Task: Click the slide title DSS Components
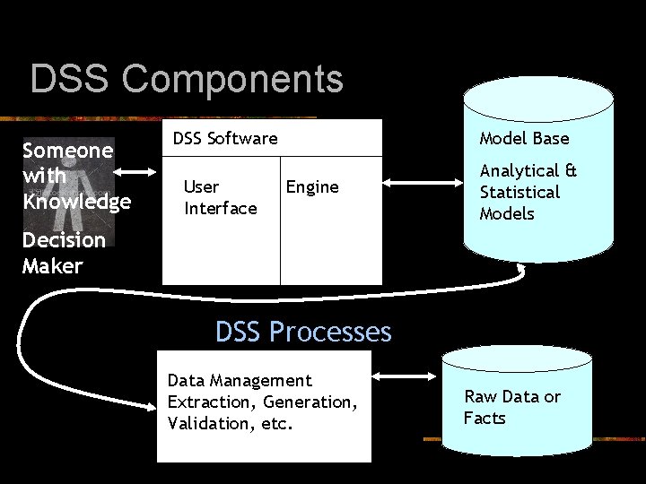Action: pyautogui.click(x=187, y=79)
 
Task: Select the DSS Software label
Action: pyautogui.click(x=225, y=138)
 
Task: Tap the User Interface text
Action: pyautogui.click(x=220, y=197)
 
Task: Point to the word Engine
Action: pyautogui.click(x=312, y=186)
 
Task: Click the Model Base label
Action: pyautogui.click(x=524, y=138)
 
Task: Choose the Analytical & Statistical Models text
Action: pyautogui.click(x=528, y=192)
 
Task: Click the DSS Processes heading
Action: pyautogui.click(x=303, y=333)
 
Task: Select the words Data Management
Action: pyautogui.click(x=240, y=381)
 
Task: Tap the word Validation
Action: pyautogui.click(x=209, y=423)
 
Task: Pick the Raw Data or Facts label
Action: pyautogui.click(x=511, y=407)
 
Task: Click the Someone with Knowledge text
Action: pyautogui.click(x=75, y=176)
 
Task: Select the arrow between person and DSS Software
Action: pyautogui.click(x=139, y=172)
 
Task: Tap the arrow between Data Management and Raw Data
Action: pyautogui.click(x=405, y=376)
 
